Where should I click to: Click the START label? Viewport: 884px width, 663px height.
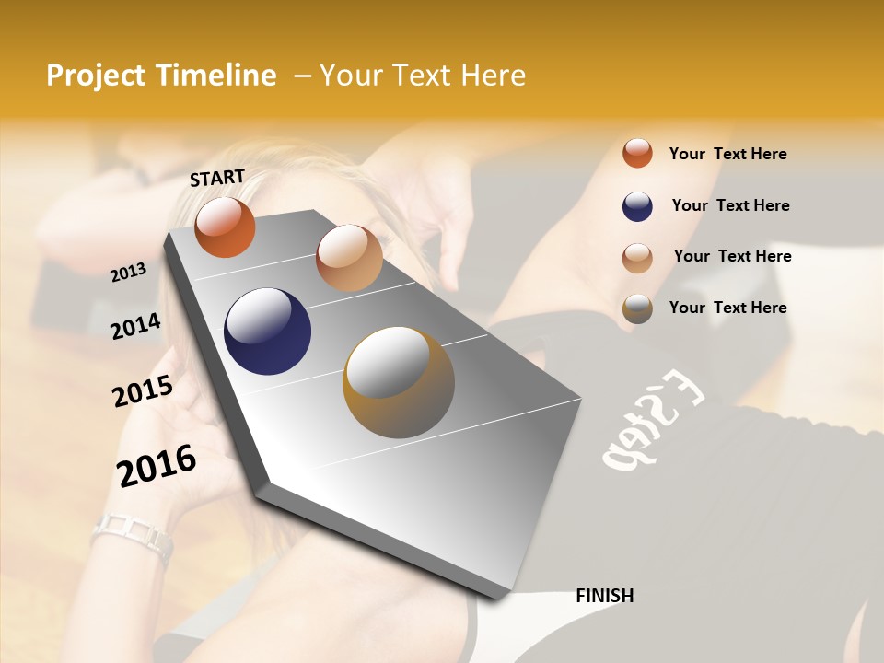pyautogui.click(x=217, y=177)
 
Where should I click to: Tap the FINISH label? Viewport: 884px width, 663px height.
pyautogui.click(x=604, y=596)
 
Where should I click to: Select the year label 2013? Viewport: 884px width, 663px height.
pyautogui.click(x=129, y=272)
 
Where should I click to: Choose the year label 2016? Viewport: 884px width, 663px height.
pyautogui.click(x=157, y=465)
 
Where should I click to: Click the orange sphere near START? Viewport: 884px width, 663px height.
pyautogui.click(x=225, y=227)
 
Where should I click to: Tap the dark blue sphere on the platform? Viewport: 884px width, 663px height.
pyautogui.click(x=267, y=331)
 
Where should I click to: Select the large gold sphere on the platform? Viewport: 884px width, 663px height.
pyautogui.click(x=399, y=382)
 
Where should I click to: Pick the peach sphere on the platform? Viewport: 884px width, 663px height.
pyautogui.click(x=349, y=258)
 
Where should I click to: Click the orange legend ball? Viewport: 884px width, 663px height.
pyautogui.click(x=637, y=153)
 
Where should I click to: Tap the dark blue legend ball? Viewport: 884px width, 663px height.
pyautogui.click(x=637, y=206)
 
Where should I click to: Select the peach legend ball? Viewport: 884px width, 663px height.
pyautogui.click(x=637, y=258)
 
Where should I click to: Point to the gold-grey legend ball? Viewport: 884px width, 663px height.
pyautogui.click(x=637, y=308)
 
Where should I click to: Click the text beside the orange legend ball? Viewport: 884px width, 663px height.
pyautogui.click(x=728, y=154)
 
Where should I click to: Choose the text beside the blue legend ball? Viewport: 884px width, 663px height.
pyautogui.click(x=731, y=205)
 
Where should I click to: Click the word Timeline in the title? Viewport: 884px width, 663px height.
pyautogui.click(x=216, y=76)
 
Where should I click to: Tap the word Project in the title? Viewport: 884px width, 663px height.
pyautogui.click(x=96, y=76)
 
